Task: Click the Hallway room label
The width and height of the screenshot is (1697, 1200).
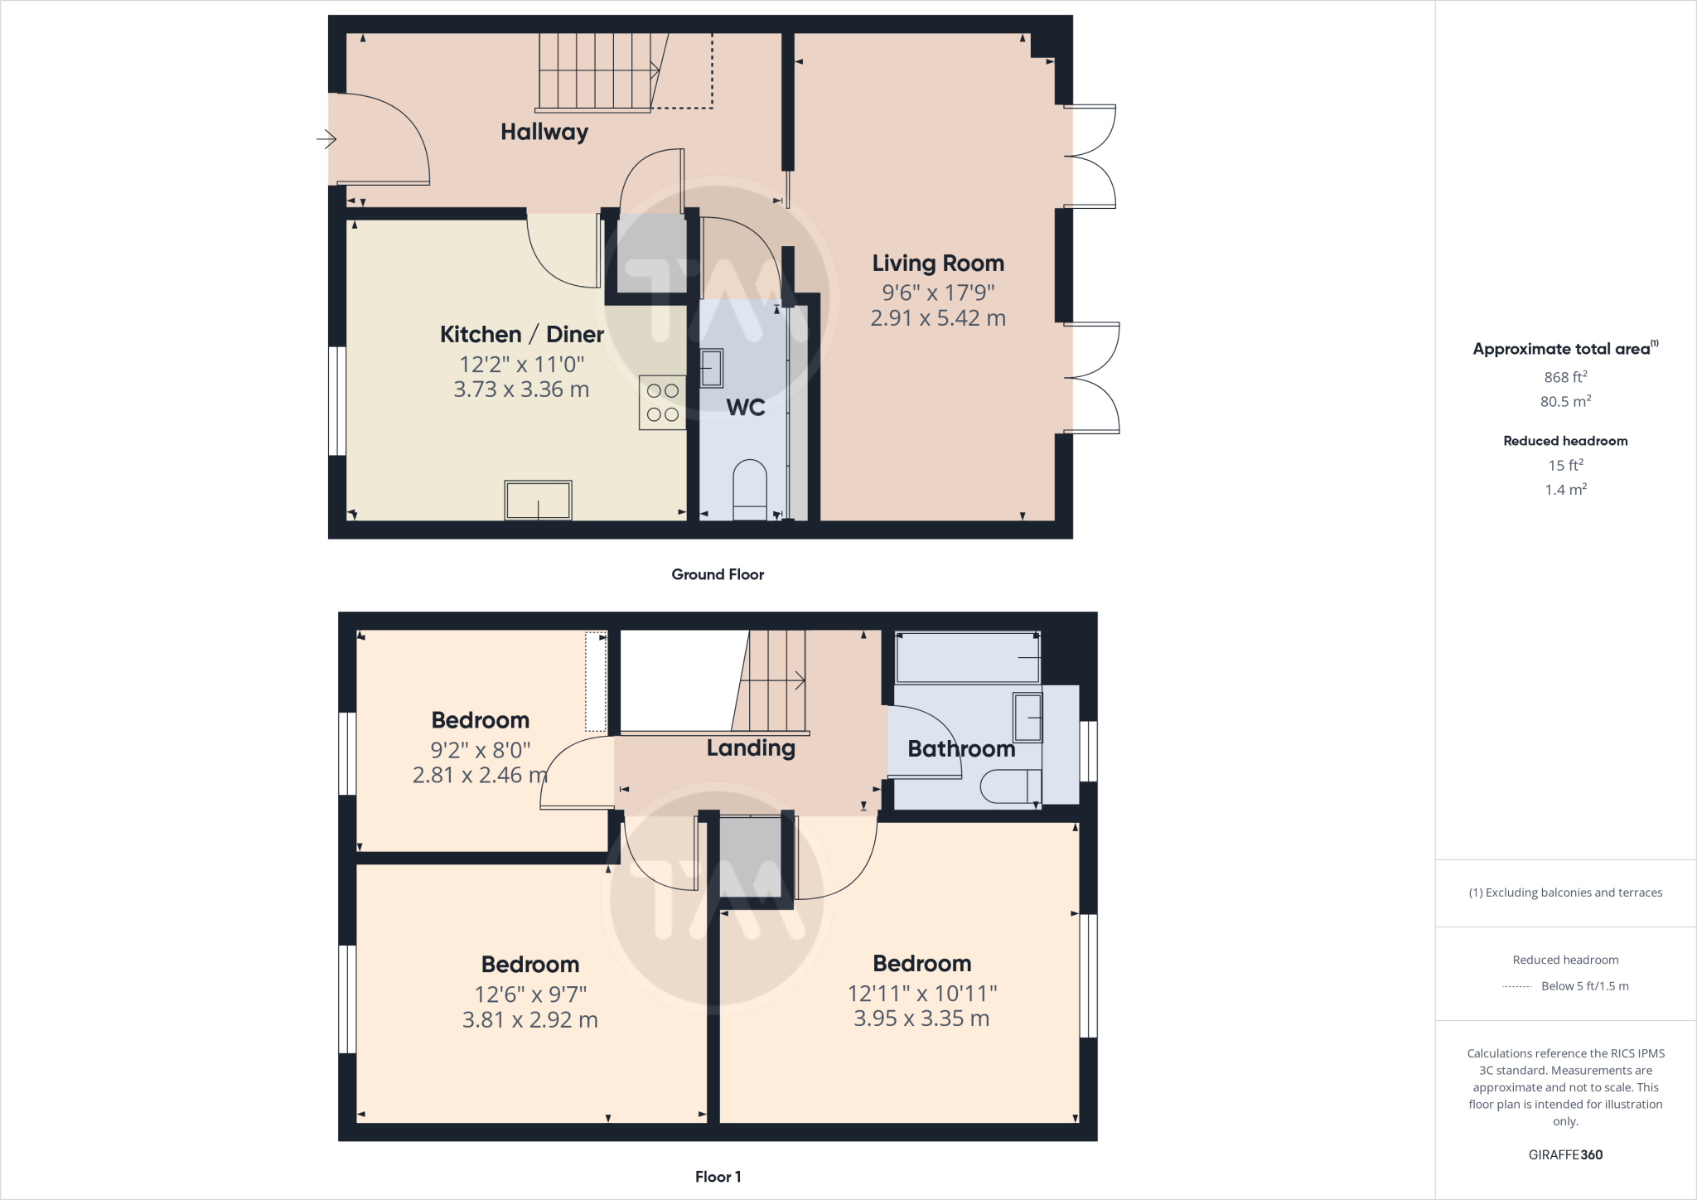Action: click(x=544, y=132)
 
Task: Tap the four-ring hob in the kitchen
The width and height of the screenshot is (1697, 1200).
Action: click(x=662, y=403)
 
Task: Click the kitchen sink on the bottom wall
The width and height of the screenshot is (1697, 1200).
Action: click(x=538, y=501)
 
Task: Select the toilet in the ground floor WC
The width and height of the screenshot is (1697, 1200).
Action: click(x=750, y=489)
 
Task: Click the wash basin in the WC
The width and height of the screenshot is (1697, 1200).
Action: click(x=711, y=368)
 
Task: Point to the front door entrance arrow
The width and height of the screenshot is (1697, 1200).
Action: click(x=326, y=139)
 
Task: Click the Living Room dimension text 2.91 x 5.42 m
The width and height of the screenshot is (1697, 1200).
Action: click(x=938, y=318)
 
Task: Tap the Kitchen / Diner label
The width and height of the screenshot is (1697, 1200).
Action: click(x=521, y=335)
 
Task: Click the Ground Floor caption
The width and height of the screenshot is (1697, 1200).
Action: click(x=718, y=574)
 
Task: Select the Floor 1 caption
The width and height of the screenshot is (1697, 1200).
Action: click(x=718, y=1177)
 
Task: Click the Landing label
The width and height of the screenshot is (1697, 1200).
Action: click(x=751, y=748)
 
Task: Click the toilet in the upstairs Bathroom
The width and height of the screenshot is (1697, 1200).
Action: click(x=1010, y=786)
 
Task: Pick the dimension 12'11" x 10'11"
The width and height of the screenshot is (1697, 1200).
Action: click(x=921, y=993)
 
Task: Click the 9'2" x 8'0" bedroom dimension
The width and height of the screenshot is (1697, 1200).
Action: click(x=480, y=750)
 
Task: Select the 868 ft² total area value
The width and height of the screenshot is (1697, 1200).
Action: click(x=1565, y=377)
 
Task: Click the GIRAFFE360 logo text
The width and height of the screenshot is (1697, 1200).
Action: click(x=1565, y=1154)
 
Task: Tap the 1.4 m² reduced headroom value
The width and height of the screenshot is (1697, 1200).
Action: click(x=1565, y=490)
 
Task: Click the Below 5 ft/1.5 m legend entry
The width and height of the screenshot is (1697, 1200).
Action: click(x=1584, y=986)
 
